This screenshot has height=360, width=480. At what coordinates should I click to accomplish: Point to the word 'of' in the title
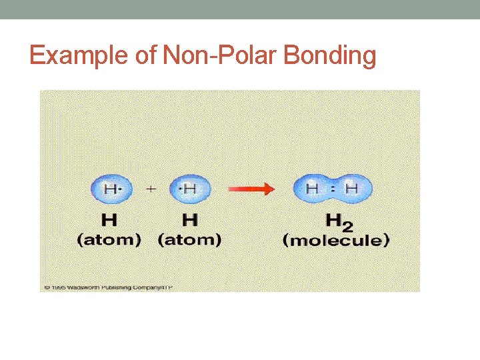[145, 55]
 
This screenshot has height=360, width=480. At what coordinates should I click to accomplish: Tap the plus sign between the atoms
[151, 189]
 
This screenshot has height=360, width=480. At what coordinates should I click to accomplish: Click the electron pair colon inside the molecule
[332, 189]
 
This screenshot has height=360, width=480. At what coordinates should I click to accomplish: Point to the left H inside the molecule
[311, 189]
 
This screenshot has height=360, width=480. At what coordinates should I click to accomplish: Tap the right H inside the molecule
[351, 189]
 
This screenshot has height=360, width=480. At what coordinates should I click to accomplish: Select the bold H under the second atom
[189, 219]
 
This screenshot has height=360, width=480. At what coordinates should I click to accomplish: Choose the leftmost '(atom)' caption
[109, 240]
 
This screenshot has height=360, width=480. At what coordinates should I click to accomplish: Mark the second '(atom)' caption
[189, 240]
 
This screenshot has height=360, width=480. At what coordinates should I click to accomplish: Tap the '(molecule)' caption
[336, 240]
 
